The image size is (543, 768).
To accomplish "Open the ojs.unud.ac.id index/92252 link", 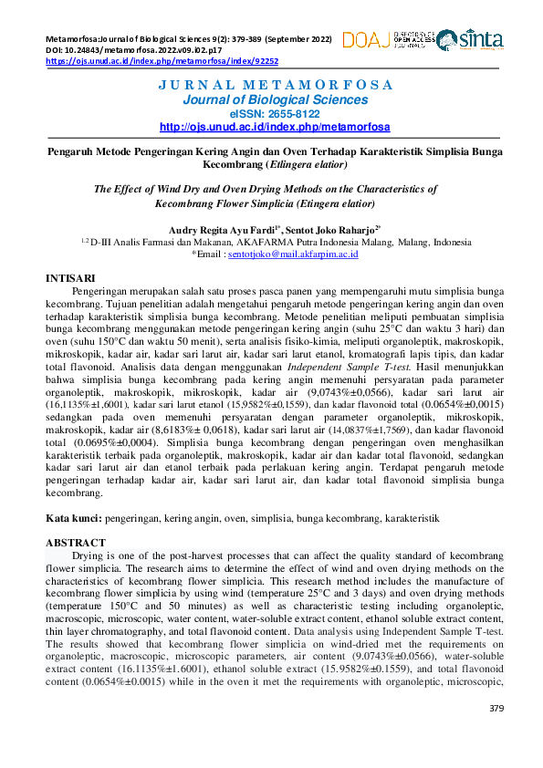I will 162,61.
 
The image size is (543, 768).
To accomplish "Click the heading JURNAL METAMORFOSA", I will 275,85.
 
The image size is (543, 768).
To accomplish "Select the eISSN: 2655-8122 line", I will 275,113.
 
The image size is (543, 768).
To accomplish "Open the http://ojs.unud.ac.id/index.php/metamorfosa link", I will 275,127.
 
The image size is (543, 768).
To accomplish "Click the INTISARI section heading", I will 71,275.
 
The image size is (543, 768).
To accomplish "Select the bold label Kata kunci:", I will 75,518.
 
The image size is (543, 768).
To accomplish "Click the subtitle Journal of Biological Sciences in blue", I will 275,99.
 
